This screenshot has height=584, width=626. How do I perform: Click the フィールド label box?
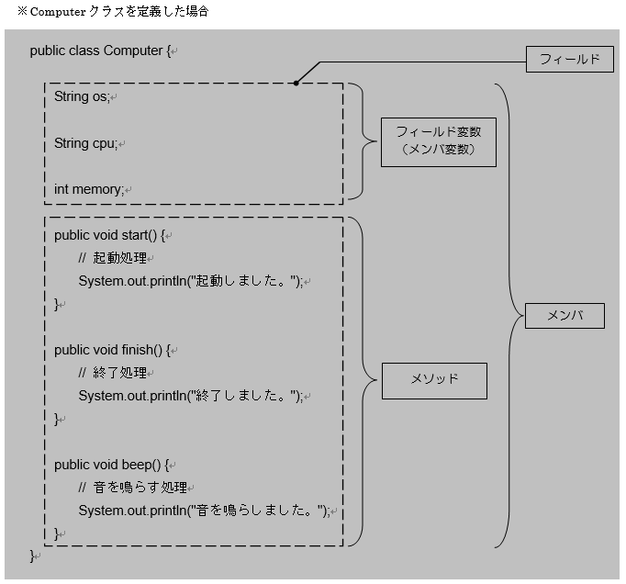point(569,60)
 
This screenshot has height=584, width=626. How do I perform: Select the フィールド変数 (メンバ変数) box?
point(438,140)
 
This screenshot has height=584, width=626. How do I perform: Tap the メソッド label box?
point(433,379)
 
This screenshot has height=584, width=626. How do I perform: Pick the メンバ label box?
point(565,316)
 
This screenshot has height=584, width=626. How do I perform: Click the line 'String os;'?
point(82,97)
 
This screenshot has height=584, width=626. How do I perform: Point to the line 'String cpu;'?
point(85,143)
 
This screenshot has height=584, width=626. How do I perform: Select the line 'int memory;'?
point(88,189)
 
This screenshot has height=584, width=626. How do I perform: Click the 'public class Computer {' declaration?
point(100,51)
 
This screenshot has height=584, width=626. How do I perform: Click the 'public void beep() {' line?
point(113,465)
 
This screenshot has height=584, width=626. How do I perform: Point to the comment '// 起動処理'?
point(113,258)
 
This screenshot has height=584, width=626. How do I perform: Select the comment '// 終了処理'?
point(113,373)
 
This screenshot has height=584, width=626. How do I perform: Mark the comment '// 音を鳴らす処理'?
point(132,488)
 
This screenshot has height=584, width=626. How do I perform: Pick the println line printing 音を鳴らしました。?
point(203,511)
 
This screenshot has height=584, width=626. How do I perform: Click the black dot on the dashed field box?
point(296,84)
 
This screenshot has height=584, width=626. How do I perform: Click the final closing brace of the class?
point(33,556)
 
